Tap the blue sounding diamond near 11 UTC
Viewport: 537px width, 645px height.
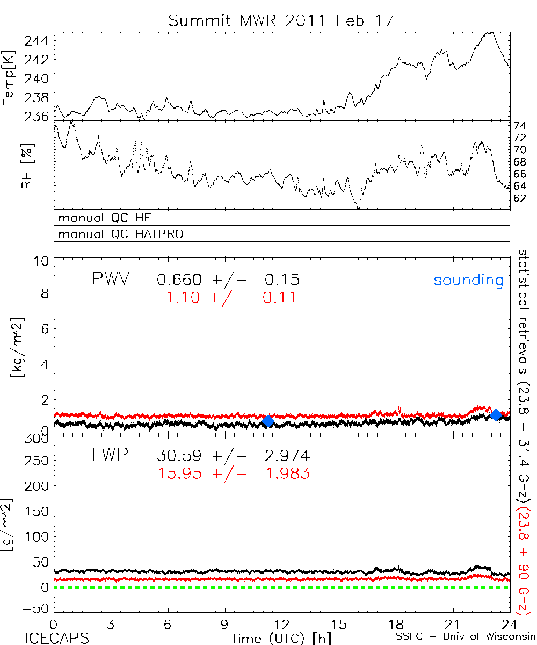click(x=268, y=421)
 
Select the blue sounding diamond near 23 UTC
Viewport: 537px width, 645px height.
click(x=496, y=414)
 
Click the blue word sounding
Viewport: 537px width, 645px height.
click(x=469, y=280)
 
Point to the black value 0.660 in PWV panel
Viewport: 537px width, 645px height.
click(x=180, y=280)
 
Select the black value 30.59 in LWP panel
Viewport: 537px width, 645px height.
click(x=180, y=456)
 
